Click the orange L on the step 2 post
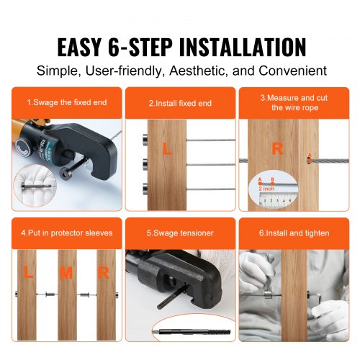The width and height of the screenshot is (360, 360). [x=166, y=150]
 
